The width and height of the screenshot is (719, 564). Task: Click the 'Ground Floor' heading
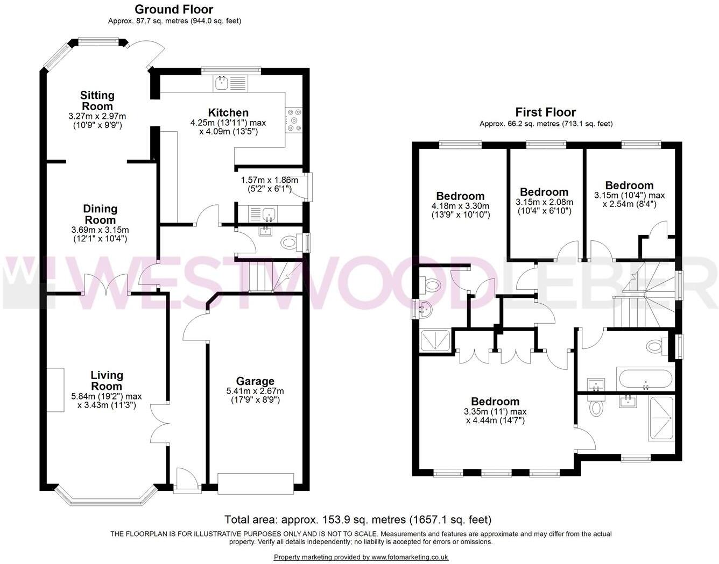pyautogui.click(x=173, y=9)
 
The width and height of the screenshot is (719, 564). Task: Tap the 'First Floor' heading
pyautogui.click(x=545, y=112)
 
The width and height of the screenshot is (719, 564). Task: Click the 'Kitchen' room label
pyautogui.click(x=228, y=112)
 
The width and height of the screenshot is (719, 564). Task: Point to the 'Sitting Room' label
pyautogui.click(x=97, y=101)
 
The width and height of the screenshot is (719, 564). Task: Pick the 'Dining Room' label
pyautogui.click(x=100, y=214)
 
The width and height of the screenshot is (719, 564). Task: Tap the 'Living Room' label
pyautogui.click(x=107, y=380)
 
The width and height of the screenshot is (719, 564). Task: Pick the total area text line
pyautogui.click(x=358, y=519)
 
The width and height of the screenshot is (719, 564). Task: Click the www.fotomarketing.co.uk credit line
pyautogui.click(x=361, y=557)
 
